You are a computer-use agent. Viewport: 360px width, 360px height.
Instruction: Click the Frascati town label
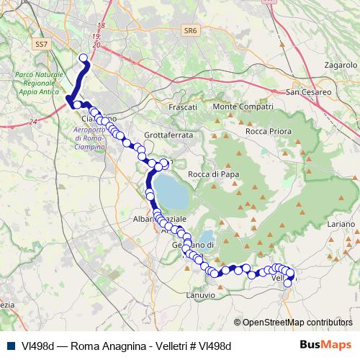click(182, 107)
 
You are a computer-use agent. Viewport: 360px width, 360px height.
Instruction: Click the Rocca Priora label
click(268, 131)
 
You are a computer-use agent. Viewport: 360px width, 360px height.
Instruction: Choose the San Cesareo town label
click(309, 92)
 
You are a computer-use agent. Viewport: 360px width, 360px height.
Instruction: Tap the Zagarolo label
click(341, 65)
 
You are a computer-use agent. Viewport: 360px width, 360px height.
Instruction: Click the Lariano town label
click(342, 224)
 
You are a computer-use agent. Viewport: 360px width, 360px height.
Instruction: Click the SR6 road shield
click(190, 30)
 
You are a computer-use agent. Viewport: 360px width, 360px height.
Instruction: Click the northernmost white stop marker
click(83, 58)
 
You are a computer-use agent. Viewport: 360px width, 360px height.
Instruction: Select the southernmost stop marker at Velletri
click(287, 283)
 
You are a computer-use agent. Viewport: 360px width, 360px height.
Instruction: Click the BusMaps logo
click(326, 345)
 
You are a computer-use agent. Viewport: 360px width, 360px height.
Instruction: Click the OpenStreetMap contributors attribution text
click(297, 323)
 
